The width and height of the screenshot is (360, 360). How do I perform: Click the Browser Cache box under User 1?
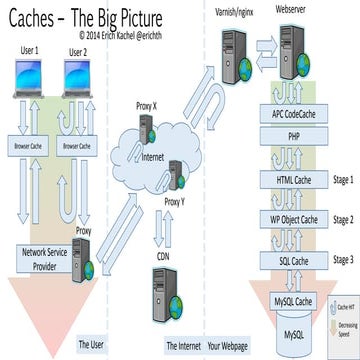click(x=30, y=146)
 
